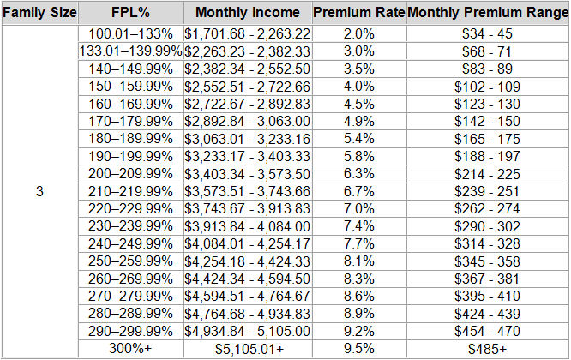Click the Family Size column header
coord(40,14)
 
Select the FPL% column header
coord(129,14)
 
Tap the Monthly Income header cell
coord(247,14)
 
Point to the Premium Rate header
coord(358,14)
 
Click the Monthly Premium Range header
coord(487,14)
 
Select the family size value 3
coord(40,190)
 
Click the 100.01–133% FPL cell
coord(129,33)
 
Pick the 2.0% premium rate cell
coord(358,33)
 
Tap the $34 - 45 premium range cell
coord(487,33)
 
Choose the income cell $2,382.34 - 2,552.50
coord(247,69)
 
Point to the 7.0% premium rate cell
coord(358,207)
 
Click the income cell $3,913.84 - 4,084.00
coord(247,225)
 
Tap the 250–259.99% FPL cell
coord(129,261)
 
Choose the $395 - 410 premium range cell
coord(487,297)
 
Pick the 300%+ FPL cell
coord(129,349)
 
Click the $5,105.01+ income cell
coord(247,349)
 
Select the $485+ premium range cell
coord(487,349)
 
